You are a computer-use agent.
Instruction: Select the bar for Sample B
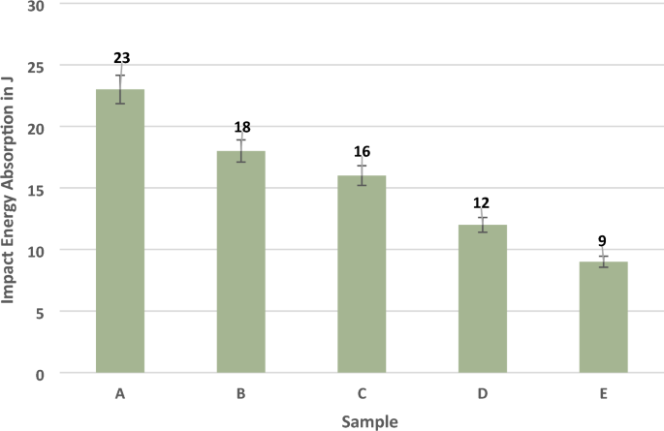point(240,262)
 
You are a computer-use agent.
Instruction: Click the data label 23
point(120,57)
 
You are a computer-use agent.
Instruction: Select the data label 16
point(362,151)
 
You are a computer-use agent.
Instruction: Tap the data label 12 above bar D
point(482,202)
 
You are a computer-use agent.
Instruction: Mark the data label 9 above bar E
point(603,240)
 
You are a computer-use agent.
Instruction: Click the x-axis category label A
point(120,394)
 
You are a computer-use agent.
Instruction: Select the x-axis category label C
point(362,394)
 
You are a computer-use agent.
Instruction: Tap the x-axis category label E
point(603,394)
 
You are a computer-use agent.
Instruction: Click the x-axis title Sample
point(367,421)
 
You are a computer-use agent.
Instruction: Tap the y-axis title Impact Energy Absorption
point(11,189)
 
